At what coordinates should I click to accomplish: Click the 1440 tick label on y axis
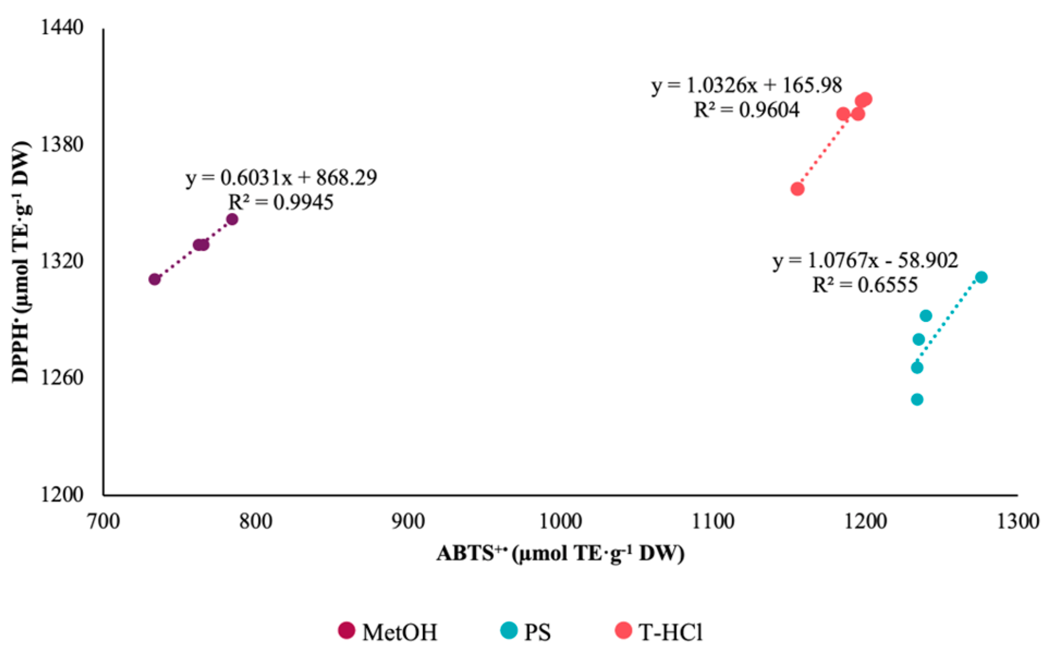tap(62, 27)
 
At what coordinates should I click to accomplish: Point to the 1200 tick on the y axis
tap(62, 495)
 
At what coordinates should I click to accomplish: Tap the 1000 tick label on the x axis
tap(560, 522)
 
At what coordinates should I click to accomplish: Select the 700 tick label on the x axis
tap(103, 522)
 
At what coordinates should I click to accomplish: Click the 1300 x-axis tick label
tap(1017, 522)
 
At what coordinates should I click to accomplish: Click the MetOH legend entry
tap(388, 632)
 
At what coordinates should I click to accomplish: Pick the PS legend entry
tap(525, 632)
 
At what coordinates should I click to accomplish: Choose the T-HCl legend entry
tap(659, 632)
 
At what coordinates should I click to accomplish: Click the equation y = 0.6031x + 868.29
tap(281, 178)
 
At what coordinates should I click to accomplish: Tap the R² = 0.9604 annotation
tap(746, 111)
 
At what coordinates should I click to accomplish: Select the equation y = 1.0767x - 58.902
tap(865, 261)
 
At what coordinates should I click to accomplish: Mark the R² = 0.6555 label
tap(865, 285)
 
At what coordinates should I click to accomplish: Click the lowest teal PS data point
tap(917, 400)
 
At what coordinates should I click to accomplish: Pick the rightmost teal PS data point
tap(981, 277)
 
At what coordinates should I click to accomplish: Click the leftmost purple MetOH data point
tap(155, 279)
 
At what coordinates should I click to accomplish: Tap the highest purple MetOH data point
tap(232, 219)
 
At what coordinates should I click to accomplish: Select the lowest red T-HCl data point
tap(797, 189)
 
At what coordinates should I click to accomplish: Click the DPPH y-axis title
tap(21, 261)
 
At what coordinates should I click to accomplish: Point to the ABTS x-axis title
tap(560, 554)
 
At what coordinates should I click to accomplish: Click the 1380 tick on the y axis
tap(62, 144)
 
